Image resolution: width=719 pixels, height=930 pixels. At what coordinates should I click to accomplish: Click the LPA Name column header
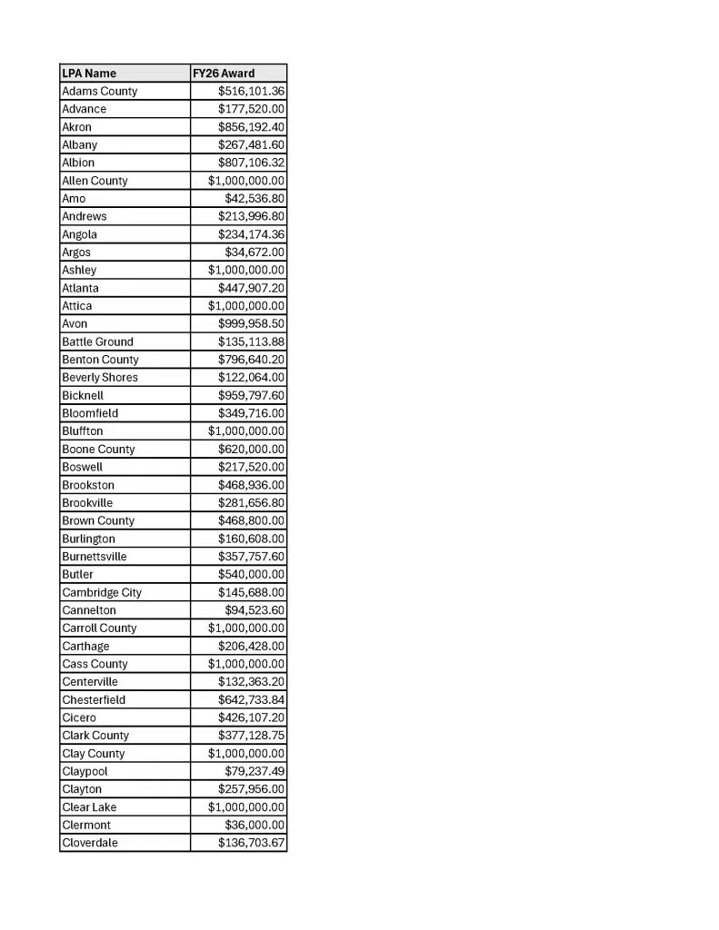tap(89, 73)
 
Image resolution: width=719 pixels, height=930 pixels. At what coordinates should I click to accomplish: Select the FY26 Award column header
tap(224, 73)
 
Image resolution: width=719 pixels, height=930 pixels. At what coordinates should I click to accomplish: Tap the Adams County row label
tap(100, 91)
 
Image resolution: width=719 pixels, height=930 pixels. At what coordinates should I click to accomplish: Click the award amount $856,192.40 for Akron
tap(251, 127)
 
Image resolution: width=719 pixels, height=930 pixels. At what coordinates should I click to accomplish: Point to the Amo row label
tap(74, 198)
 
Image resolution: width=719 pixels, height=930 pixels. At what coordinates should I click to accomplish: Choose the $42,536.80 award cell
tap(255, 198)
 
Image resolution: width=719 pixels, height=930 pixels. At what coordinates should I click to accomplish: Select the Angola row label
tap(79, 234)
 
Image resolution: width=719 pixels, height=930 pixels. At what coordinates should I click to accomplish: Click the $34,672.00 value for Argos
tap(255, 252)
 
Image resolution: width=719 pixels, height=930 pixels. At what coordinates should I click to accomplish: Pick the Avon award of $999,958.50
tap(251, 323)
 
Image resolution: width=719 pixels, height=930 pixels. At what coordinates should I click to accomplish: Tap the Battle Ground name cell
tap(97, 341)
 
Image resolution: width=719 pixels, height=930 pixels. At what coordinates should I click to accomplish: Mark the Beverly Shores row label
tap(100, 377)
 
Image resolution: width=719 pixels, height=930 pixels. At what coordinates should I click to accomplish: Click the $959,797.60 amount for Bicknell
tap(251, 395)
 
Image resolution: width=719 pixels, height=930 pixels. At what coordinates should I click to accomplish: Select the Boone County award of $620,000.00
tap(251, 449)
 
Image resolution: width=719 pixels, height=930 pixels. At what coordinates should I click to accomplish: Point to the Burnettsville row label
tap(95, 556)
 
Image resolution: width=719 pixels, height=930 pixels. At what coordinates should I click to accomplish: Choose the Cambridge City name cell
tap(102, 592)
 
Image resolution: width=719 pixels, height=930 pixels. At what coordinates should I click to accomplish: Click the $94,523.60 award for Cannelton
tap(255, 609)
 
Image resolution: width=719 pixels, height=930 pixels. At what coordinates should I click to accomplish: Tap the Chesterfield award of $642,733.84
tap(251, 699)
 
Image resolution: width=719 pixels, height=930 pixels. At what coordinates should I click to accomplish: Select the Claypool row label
tap(85, 771)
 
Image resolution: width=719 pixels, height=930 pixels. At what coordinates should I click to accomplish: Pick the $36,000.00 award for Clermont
tap(255, 825)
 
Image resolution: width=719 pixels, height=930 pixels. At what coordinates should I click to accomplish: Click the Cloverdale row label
tap(90, 843)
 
